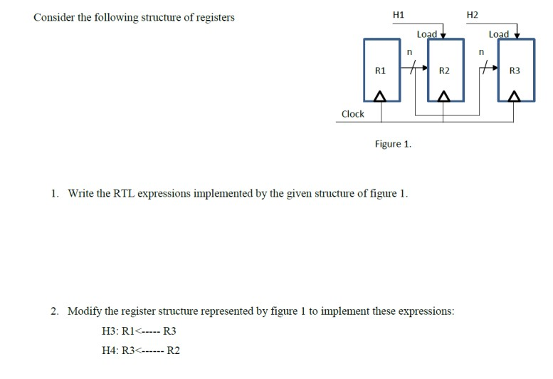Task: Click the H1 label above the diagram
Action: [399, 14]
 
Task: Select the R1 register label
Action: [380, 71]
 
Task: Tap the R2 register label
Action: [444, 71]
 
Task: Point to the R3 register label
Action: [515, 71]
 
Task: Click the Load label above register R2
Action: [426, 33]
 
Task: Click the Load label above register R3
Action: [499, 33]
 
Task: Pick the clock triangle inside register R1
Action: [380, 95]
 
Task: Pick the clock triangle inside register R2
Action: [444, 95]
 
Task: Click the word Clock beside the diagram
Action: [352, 114]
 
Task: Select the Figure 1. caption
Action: [393, 144]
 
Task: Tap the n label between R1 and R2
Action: [409, 51]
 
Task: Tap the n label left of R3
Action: [481, 51]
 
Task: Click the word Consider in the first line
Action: [54, 17]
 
